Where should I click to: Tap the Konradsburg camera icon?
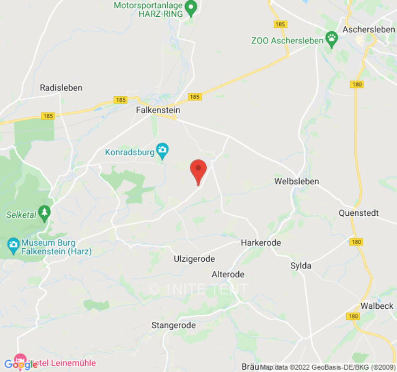pos(162,150)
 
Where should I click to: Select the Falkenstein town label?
pos(158,110)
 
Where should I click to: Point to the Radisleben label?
pos(61,87)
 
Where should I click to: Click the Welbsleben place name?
pos(297,181)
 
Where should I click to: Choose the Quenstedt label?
pos(359,213)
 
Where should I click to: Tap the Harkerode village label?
pos(261,243)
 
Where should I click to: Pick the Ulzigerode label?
pos(194,259)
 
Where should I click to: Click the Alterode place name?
pos(228,274)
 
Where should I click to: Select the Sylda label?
pos(301,266)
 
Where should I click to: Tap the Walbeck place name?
pos(377,306)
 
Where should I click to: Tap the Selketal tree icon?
pos(45,213)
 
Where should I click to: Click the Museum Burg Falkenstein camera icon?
pos(13,244)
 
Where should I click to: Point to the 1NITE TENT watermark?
pos(198,289)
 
